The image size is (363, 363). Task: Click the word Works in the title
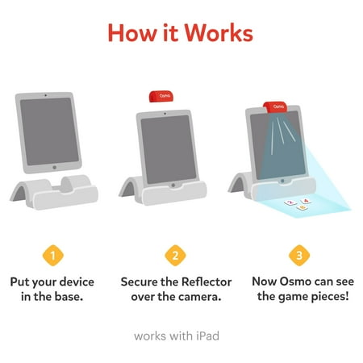pos(219,32)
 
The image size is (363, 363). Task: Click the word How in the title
pos(132,32)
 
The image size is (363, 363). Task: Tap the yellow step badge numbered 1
pos(53,255)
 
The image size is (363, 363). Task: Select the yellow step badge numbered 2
pos(175,255)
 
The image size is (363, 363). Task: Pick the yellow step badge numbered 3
pos(299,255)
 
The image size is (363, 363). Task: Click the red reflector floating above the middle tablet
pos(161,96)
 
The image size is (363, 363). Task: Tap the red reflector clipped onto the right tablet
pos(275,107)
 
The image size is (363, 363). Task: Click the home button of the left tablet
pos(55,167)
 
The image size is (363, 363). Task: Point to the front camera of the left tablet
pos(45,95)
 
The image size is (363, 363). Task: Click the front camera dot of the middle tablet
pos(165,114)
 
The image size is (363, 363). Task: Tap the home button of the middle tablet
pos(173,186)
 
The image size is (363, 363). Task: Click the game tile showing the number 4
pos(306,201)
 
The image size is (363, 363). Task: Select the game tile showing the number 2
pos(290,202)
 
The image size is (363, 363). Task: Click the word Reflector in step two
pos(207,282)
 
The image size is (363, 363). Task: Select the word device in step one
pos(77,282)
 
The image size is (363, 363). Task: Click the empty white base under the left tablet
pos(55,192)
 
